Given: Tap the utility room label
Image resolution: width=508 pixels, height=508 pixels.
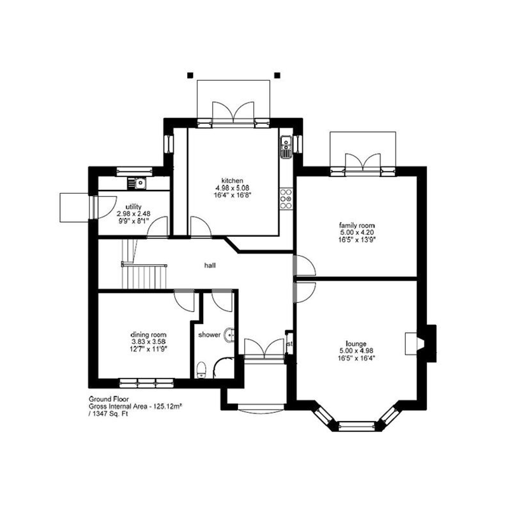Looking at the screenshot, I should pyautogui.click(x=133, y=207).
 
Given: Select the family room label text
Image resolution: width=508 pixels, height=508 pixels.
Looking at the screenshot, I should pyautogui.click(x=357, y=225).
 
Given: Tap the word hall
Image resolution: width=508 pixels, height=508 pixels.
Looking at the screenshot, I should pyautogui.click(x=209, y=265).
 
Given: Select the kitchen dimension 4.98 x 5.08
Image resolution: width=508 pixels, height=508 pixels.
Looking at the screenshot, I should pyautogui.click(x=232, y=188).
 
